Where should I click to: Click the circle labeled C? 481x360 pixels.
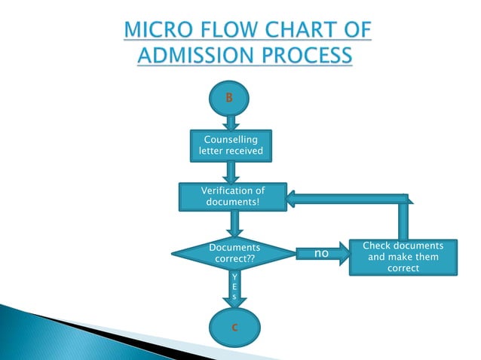(x=235, y=326)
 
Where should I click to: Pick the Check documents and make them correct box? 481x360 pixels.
(x=403, y=257)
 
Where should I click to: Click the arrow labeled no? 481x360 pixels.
(x=323, y=254)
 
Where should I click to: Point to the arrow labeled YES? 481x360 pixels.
(x=234, y=289)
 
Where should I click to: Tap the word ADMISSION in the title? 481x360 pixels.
(x=202, y=56)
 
